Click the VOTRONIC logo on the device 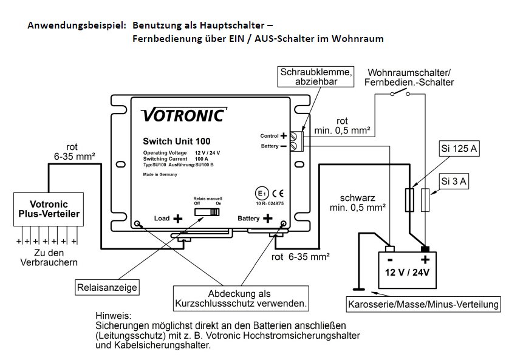(x=184, y=115)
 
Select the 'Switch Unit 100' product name (x=176, y=141)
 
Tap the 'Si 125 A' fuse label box (x=459, y=149)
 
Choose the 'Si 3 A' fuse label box (x=454, y=182)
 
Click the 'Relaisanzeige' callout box (x=107, y=287)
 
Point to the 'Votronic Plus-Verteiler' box (x=49, y=209)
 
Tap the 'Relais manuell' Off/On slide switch (x=207, y=212)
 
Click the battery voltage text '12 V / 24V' (x=407, y=273)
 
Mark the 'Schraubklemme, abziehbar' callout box (x=316, y=76)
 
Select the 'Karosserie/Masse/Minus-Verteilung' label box (x=423, y=304)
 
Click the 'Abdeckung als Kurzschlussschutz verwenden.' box (x=241, y=298)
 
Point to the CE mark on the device (x=278, y=194)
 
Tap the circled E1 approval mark (x=262, y=194)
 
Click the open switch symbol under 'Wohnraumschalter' (x=400, y=94)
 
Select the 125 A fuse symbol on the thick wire (x=409, y=200)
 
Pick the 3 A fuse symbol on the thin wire (x=425, y=200)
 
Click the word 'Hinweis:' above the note (x=114, y=315)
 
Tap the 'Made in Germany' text (x=160, y=174)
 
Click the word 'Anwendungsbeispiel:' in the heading (x=77, y=25)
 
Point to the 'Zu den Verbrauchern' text (x=49, y=257)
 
